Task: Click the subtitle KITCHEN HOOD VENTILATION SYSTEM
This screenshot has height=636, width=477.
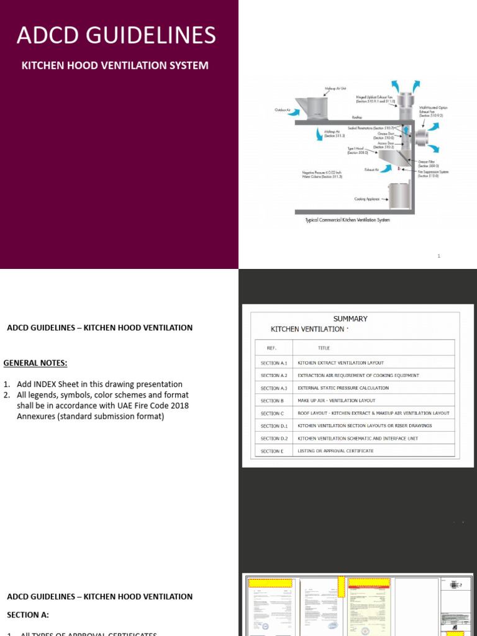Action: coord(115,65)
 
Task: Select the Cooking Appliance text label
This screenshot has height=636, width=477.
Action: coord(367,199)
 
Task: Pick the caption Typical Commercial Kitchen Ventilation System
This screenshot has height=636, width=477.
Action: coord(347,220)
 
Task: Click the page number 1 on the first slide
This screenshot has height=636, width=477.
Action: coord(438,256)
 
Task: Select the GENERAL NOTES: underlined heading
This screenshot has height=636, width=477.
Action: coord(35,363)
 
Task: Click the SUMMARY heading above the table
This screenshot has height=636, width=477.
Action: coord(350,319)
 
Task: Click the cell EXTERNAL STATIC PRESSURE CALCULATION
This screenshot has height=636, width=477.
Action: coord(343,388)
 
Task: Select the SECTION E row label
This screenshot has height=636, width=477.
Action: coord(272,451)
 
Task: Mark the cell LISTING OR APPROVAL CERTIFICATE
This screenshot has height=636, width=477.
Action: coord(335,451)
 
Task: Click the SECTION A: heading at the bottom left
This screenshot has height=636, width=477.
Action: coord(28,615)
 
